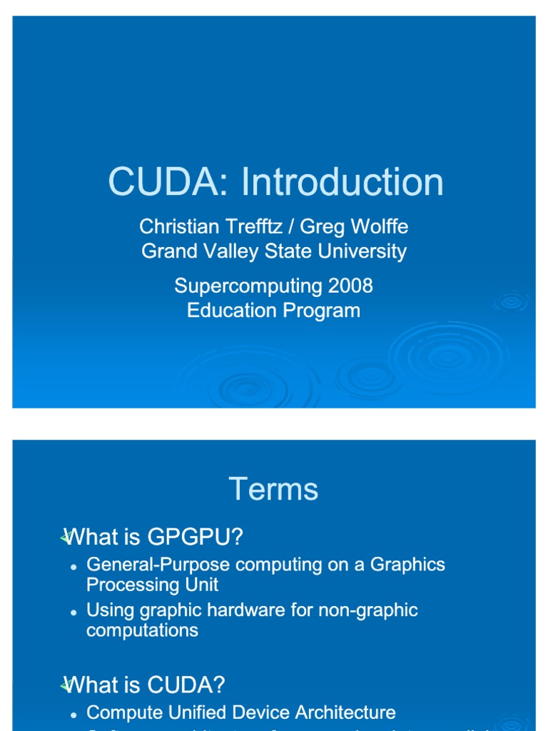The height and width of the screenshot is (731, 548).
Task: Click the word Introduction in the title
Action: [342, 182]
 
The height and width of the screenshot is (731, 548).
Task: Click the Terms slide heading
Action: [273, 490]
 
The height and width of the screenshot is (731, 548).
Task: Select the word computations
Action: [142, 630]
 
